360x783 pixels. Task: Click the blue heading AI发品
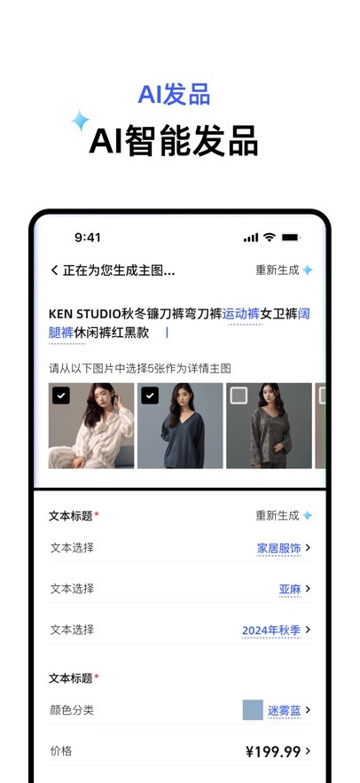click(x=175, y=94)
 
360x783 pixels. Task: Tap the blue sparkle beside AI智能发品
click(x=80, y=121)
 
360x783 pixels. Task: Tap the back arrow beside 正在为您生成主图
click(x=54, y=270)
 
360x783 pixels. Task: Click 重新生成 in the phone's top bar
click(x=278, y=270)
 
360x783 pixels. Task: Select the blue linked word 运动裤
click(x=241, y=314)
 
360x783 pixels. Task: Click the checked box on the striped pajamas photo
click(x=61, y=395)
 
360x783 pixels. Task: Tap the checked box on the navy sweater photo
click(x=150, y=395)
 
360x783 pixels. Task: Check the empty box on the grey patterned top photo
click(x=239, y=395)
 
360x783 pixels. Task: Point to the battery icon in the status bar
click(x=291, y=238)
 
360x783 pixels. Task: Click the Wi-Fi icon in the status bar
click(x=270, y=238)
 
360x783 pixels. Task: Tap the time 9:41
click(x=88, y=238)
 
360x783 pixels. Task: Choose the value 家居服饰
click(x=278, y=548)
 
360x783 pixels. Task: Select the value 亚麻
click(x=290, y=590)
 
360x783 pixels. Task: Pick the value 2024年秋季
click(x=271, y=630)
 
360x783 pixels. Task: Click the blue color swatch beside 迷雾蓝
click(x=253, y=709)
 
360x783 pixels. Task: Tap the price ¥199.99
click(x=273, y=751)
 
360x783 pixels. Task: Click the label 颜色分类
click(x=72, y=709)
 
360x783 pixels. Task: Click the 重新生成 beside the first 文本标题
click(x=278, y=515)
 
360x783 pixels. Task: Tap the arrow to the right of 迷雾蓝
click(x=308, y=709)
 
